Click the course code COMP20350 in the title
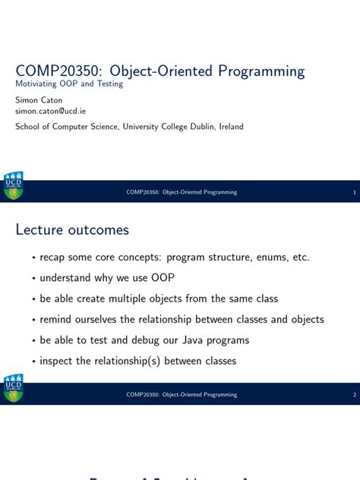(55, 71)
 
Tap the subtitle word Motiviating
(38, 84)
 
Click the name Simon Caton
(39, 100)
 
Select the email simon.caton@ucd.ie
(51, 111)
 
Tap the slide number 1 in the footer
(354, 192)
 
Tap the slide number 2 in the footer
(354, 395)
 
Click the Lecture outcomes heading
(72, 229)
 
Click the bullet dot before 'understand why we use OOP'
(33, 279)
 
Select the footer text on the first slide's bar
(182, 192)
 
